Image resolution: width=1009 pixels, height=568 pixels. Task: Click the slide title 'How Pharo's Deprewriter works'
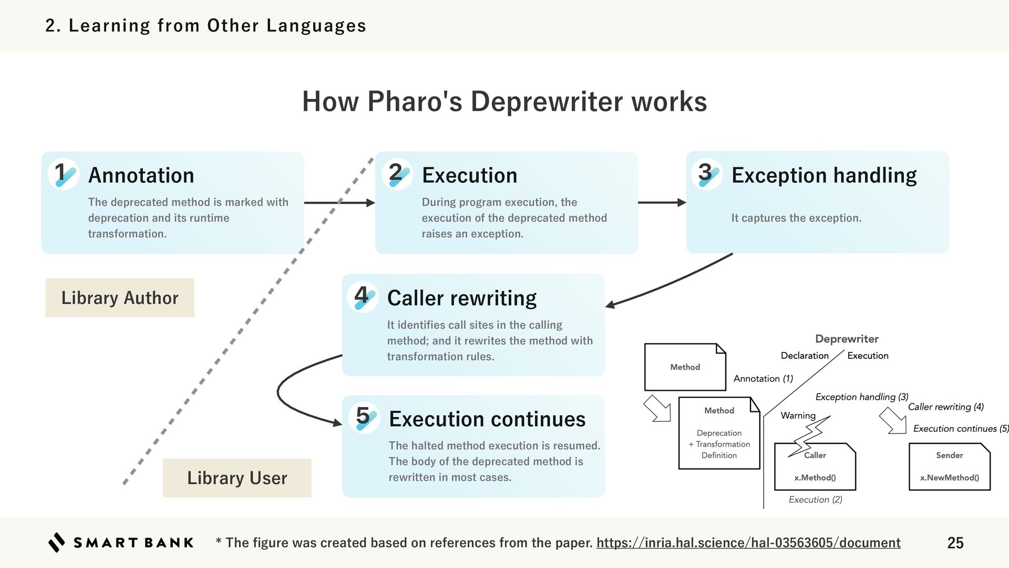coord(504,101)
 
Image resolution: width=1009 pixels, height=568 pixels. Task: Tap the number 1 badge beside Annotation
coord(64,174)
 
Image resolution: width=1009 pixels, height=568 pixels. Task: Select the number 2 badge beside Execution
coord(397,174)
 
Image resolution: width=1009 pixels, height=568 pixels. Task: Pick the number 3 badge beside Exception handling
coord(707,174)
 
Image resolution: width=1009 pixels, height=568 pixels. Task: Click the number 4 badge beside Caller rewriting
coord(363,297)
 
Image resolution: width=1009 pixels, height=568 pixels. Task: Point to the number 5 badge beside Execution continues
coord(364,418)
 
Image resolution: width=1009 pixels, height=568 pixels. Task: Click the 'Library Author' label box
coord(120,298)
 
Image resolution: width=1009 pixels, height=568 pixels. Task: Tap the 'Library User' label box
coord(237,478)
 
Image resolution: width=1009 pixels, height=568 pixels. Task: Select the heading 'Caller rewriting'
coord(461,298)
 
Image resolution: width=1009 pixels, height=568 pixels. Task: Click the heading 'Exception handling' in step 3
coord(823,175)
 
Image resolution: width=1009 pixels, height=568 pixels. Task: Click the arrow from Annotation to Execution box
coord(339,202)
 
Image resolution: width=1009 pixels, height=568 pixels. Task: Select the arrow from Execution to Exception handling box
coord(662,202)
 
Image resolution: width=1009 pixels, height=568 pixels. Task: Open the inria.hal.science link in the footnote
coord(748,543)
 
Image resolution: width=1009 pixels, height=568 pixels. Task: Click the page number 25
coord(955,543)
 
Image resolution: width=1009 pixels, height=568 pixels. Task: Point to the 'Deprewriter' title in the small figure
coord(847,339)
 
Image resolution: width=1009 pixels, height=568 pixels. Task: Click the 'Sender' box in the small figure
coord(949,466)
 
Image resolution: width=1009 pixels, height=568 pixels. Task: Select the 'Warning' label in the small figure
coord(798,415)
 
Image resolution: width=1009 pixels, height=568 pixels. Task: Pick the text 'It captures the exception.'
coord(796,218)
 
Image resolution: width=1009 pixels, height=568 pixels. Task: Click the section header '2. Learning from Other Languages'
coord(205,25)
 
